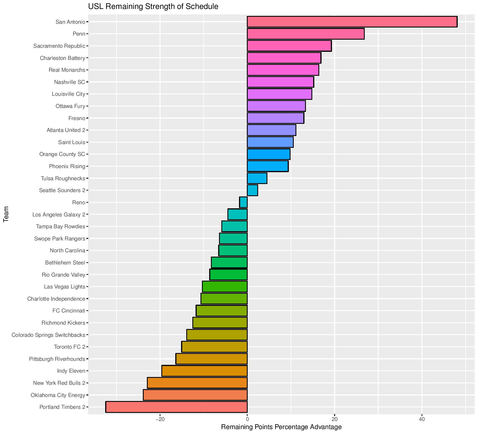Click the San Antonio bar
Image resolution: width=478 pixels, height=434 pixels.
(352, 22)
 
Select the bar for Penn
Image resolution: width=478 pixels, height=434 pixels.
(306, 34)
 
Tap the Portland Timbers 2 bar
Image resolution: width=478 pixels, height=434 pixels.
(176, 407)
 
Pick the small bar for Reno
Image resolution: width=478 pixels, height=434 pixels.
(243, 202)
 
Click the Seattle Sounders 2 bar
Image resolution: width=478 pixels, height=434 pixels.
(252, 190)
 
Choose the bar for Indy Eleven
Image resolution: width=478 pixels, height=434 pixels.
(205, 371)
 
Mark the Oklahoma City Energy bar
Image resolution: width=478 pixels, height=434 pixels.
(195, 395)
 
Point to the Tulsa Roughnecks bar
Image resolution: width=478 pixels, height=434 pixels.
(257, 178)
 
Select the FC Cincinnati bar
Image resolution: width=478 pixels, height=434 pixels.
(222, 311)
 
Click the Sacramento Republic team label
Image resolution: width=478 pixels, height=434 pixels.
(59, 46)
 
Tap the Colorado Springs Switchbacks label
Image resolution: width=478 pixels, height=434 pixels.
(48, 335)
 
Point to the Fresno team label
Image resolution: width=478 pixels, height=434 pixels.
(77, 118)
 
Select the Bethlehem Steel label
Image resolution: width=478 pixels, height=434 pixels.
(65, 263)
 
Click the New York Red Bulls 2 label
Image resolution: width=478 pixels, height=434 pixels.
(59, 383)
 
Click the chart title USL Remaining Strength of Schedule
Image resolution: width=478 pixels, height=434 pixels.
(153, 6)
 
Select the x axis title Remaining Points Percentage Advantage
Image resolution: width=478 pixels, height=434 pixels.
(281, 427)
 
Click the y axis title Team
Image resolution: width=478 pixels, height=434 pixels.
(6, 214)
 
